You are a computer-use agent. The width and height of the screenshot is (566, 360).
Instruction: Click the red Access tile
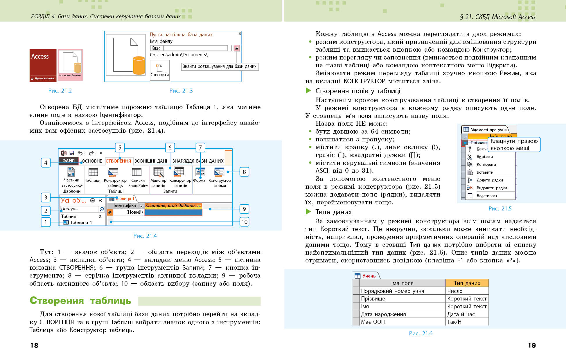click(43, 65)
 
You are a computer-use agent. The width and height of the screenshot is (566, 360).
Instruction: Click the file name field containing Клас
click(191, 48)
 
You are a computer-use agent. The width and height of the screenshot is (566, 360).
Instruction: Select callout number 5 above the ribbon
click(120, 147)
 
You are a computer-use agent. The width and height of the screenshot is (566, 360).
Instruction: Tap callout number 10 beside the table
click(245, 222)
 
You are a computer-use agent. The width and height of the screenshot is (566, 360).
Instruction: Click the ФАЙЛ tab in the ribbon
click(69, 161)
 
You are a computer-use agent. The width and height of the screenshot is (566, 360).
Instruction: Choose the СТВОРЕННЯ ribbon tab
click(118, 161)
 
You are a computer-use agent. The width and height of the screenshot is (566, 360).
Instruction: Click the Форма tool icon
click(200, 172)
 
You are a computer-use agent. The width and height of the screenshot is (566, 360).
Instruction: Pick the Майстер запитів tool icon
click(158, 172)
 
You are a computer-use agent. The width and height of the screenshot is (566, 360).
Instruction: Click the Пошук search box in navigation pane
click(80, 209)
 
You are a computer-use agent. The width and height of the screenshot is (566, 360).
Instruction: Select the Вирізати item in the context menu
click(485, 157)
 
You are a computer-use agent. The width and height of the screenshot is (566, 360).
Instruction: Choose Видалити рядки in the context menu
click(492, 188)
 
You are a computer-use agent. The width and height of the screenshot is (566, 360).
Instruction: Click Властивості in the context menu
click(487, 196)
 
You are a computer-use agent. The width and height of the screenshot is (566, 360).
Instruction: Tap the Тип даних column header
click(467, 283)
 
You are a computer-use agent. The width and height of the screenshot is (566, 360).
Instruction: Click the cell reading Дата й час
click(461, 314)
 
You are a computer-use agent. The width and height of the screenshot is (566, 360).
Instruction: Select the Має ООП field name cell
click(373, 322)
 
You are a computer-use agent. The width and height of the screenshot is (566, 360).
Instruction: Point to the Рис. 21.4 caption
click(145, 236)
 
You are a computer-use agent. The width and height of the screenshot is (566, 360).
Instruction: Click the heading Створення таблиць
click(80, 301)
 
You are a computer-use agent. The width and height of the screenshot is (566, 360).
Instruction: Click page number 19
click(532, 345)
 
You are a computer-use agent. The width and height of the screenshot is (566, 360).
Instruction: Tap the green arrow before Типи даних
click(308, 212)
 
